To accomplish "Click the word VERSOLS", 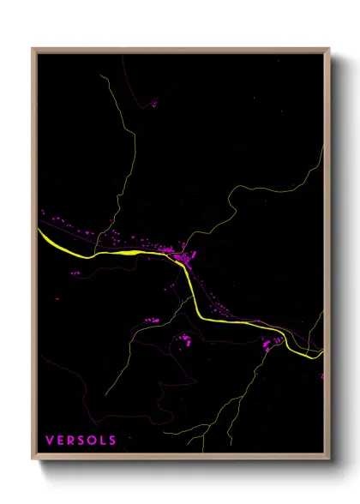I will tap(81, 441).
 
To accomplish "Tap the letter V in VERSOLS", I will tap(50, 441).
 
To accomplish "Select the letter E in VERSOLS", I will tap(61, 441).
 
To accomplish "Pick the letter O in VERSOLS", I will tap(92, 441).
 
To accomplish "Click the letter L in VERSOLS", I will tap(102, 441).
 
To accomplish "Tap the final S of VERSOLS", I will tap(112, 441).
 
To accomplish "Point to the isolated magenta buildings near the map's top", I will tap(154, 104).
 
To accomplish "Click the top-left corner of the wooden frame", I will tap(33, 49).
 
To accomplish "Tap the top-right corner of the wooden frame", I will tap(329, 49).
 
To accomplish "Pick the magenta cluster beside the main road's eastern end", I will tap(273, 342).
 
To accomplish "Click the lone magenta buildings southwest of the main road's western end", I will tap(75, 273).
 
